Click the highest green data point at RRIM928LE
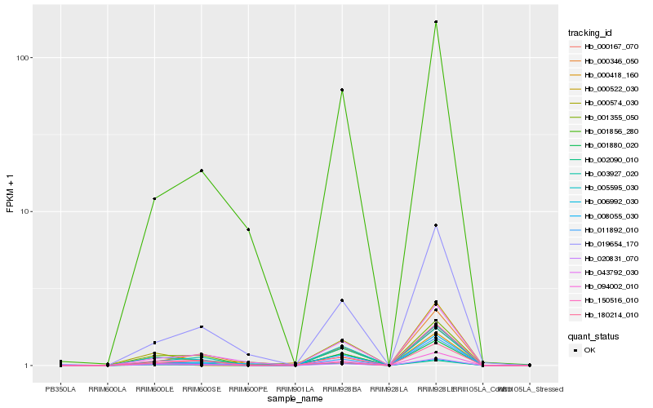point(436,22)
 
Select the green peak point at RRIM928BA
point(342,90)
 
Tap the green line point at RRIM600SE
point(202,171)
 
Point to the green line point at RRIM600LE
point(154,198)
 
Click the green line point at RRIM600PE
point(248,229)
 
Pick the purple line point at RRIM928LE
point(436,225)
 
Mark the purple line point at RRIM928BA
point(342,300)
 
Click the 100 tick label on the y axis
point(23,58)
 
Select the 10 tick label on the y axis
point(25,211)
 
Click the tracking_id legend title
point(590,33)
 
